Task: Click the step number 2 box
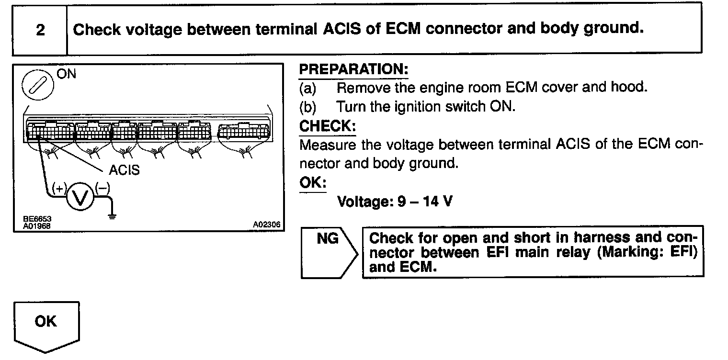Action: point(40,30)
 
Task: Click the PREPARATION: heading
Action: point(353,69)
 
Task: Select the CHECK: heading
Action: point(328,126)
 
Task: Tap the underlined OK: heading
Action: point(312,183)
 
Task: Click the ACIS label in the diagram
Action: point(124,170)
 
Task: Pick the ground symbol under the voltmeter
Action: point(112,216)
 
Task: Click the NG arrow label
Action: point(328,238)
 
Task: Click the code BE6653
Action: point(37,219)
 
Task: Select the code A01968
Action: point(37,225)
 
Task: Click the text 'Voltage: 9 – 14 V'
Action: point(395,202)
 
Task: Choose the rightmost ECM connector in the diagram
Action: point(243,132)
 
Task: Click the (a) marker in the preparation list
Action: point(308,88)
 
